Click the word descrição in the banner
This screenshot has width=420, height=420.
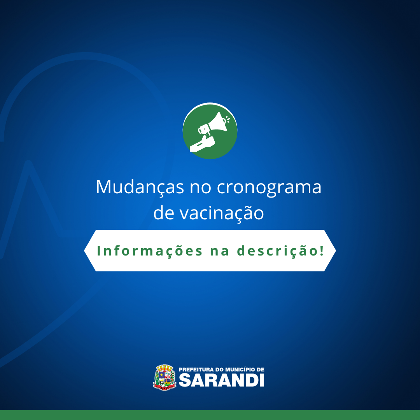click(x=277, y=251)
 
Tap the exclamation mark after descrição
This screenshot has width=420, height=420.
click(x=322, y=250)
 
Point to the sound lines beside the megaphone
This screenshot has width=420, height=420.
click(x=228, y=119)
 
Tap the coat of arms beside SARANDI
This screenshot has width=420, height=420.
click(x=164, y=377)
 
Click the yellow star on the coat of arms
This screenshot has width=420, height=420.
click(x=161, y=374)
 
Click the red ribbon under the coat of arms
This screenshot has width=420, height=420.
click(x=164, y=387)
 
